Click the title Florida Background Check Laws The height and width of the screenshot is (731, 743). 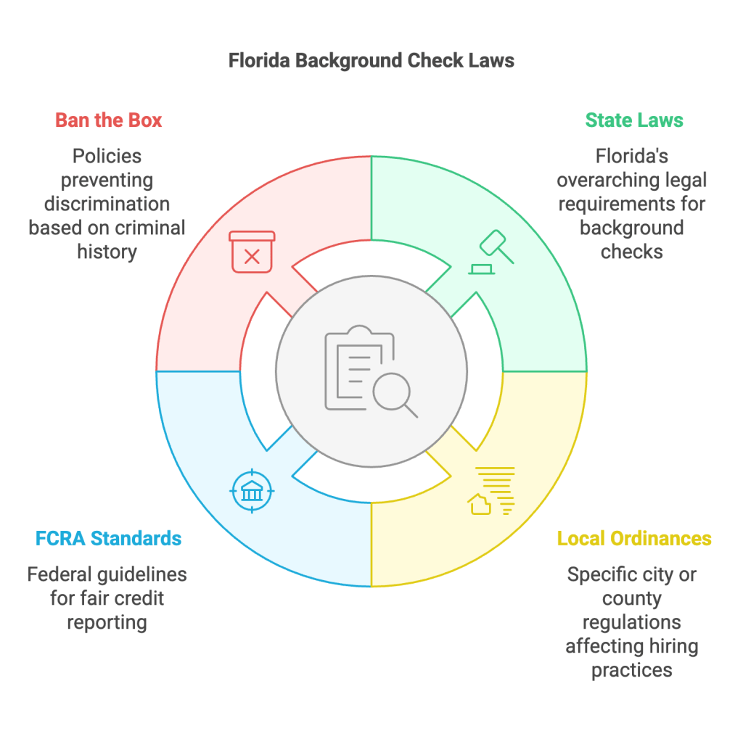[x=371, y=59]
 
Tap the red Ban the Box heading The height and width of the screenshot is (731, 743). [x=109, y=120]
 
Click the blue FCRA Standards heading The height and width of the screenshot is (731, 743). [x=109, y=538]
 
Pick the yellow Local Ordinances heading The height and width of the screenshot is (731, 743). [x=634, y=538]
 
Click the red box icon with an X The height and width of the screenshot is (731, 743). [x=252, y=252]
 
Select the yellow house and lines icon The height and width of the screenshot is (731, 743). [x=493, y=492]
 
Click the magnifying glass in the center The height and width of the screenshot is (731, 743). [x=395, y=396]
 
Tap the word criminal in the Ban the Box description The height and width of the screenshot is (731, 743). [x=149, y=228]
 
